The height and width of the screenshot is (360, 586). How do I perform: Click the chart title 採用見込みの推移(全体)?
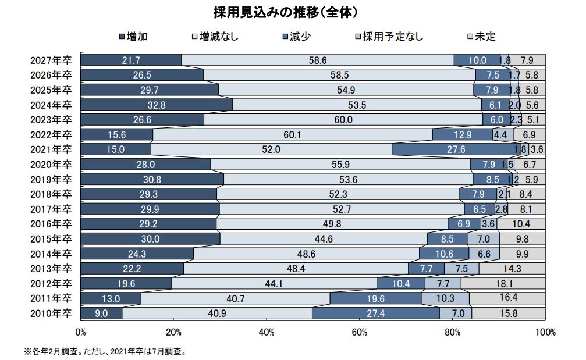point(293,12)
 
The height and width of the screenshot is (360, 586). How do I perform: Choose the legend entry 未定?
point(480,36)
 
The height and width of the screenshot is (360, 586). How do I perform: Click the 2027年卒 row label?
point(52,60)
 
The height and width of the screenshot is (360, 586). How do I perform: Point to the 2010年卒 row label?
point(52,313)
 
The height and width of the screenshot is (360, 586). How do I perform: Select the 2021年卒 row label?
point(52,149)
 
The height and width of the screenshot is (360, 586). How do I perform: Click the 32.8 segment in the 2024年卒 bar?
point(157,105)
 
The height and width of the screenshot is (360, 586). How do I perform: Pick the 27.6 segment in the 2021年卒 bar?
point(452,149)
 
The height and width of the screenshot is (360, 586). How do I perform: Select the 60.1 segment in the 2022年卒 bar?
point(292,134)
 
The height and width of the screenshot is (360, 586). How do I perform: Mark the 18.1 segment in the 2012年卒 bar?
point(503,283)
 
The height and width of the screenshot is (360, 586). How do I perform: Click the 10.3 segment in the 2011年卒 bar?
point(445,298)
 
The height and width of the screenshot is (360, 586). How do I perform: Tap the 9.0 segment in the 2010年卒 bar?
point(101,313)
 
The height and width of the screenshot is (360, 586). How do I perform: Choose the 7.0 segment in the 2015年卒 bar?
point(483,239)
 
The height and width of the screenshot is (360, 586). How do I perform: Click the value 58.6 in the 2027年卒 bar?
point(318,60)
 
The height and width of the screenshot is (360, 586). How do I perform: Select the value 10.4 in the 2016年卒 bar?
point(521,224)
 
